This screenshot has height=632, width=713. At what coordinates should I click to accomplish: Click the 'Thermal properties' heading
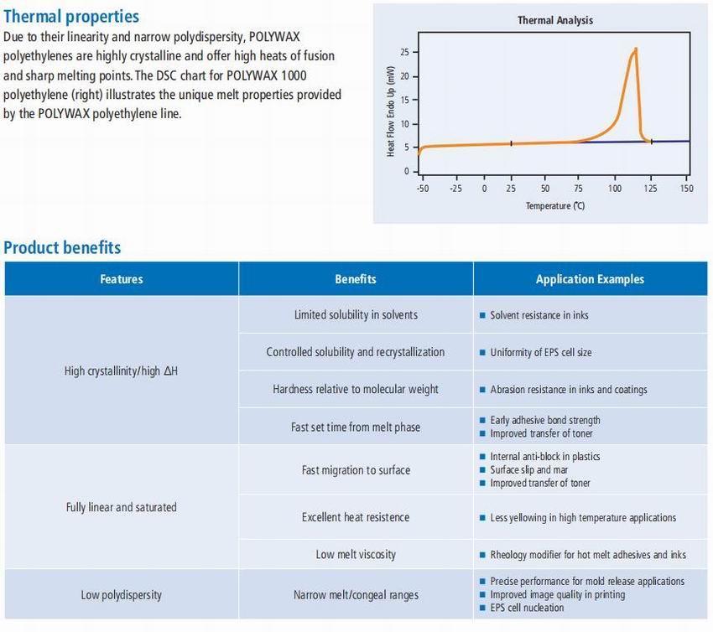(71, 17)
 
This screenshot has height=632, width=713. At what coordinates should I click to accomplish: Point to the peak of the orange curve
(636, 49)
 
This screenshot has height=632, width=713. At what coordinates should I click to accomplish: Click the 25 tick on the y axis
(404, 52)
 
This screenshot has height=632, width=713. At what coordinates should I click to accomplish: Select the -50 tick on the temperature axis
(422, 188)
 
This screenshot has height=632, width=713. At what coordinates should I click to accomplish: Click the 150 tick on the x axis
(686, 188)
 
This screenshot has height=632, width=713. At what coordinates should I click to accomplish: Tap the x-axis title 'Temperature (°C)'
(554, 206)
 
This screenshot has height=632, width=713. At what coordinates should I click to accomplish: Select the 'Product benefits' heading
(62, 247)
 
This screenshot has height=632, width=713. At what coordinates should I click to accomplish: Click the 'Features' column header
(122, 279)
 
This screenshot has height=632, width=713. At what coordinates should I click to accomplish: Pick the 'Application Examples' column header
(590, 279)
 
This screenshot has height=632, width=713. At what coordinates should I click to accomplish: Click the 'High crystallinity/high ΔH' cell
(122, 370)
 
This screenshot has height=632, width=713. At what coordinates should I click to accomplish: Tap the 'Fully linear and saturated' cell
(122, 507)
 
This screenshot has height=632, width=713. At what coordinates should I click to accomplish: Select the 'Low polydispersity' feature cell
(122, 595)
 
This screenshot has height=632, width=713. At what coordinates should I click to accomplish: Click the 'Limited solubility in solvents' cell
(356, 315)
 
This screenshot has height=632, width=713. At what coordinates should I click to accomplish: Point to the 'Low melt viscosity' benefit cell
(356, 554)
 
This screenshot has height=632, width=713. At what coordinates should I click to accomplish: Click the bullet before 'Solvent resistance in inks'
(482, 316)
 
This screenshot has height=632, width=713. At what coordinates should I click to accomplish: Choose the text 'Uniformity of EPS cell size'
(541, 353)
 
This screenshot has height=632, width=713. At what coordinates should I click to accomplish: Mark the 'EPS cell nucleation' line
(528, 608)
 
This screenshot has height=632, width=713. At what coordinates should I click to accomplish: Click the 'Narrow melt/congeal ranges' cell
(356, 595)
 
